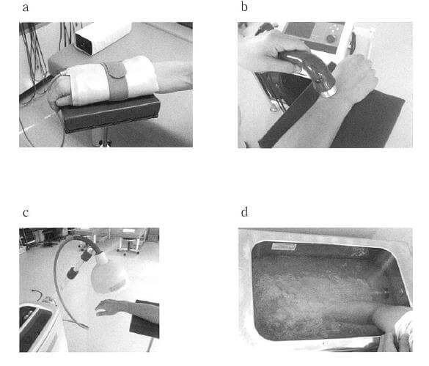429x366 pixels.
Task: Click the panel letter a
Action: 26,7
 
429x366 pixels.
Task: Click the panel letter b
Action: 244,7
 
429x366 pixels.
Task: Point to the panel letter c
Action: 26,213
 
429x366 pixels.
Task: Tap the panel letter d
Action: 245,212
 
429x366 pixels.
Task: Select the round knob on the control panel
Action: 331,39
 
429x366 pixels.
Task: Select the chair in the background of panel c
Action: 128,241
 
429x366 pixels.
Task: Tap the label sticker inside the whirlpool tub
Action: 284,246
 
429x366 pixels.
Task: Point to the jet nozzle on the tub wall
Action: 386,293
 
